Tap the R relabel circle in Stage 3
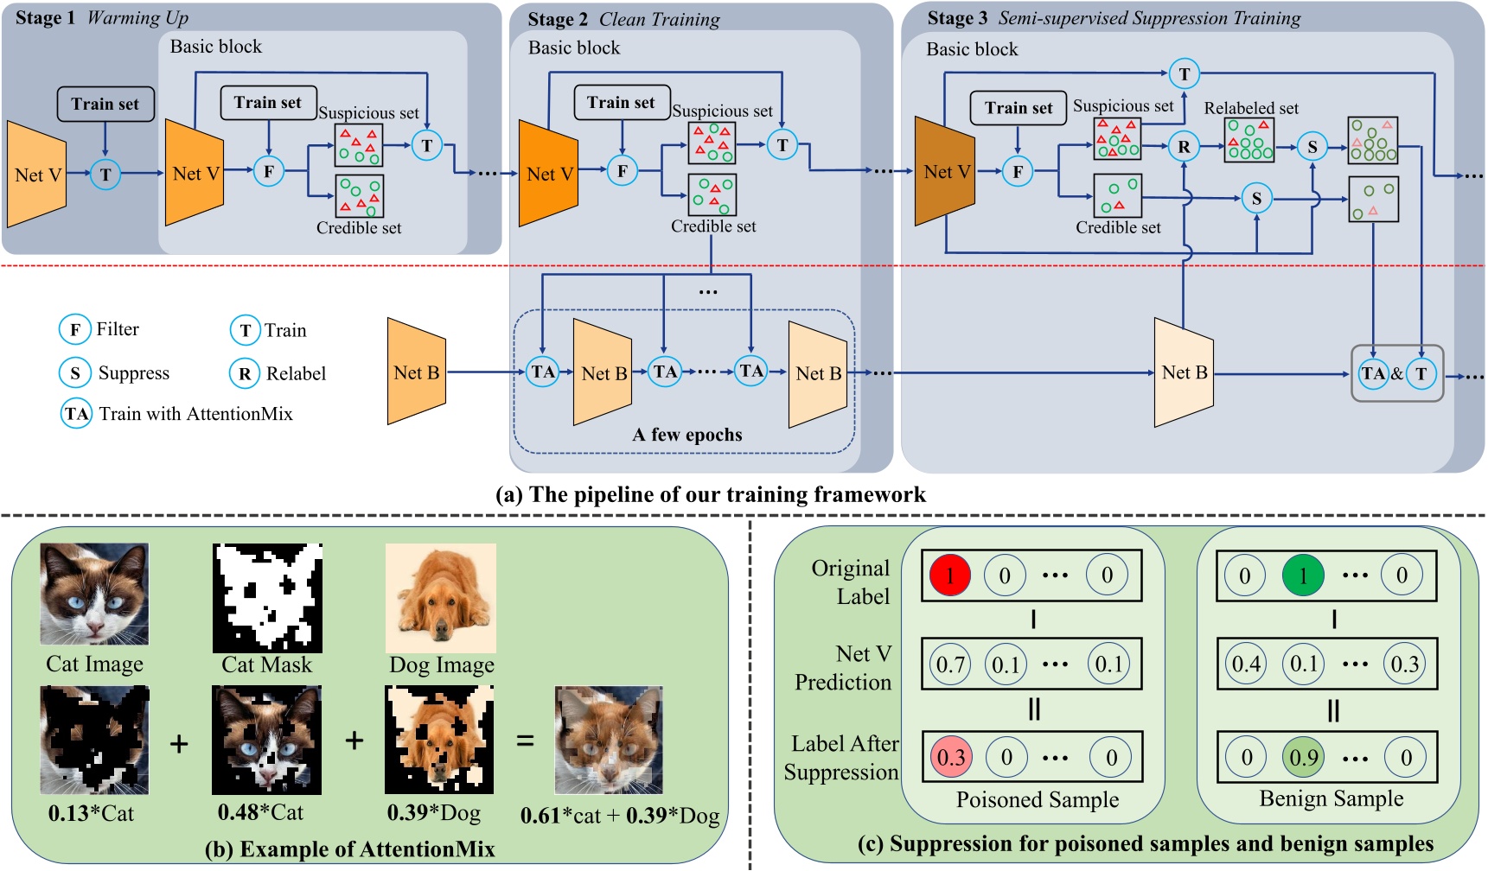pos(1184,147)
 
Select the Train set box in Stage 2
pos(622,103)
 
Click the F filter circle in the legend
pos(75,329)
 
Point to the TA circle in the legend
pos(76,413)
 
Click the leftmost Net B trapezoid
pos(416,372)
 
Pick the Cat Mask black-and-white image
pos(267,598)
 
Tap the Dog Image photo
pos(441,598)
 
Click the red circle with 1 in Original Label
pos(949,575)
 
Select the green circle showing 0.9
pos(1303,758)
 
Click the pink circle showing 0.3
pos(950,758)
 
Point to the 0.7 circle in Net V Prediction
pos(949,664)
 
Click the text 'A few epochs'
pos(687,435)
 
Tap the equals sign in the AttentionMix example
pos(525,741)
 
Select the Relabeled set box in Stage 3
pos(1249,140)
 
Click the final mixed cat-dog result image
pos(609,741)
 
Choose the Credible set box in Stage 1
pos(359,197)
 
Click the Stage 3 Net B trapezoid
pos(1184,372)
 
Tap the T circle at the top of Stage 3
pos(1184,73)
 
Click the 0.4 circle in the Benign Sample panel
pos(1245,664)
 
